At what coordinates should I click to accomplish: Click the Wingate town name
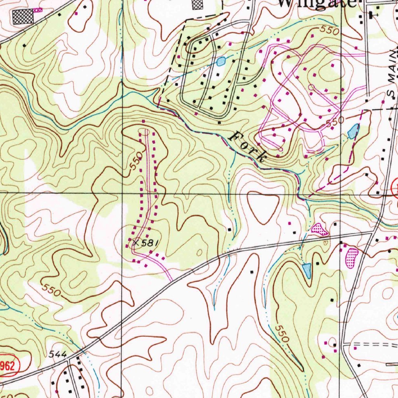[x=317, y=3]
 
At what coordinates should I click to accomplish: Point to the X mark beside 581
[x=135, y=243]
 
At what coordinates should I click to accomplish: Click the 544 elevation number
[x=58, y=354]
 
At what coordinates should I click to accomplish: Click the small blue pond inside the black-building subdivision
[x=221, y=61]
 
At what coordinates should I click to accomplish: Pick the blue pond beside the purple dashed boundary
[x=353, y=131]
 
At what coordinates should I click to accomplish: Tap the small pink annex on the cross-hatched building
[x=37, y=10]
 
